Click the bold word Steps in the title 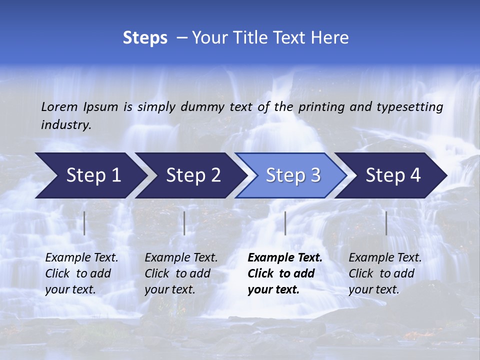[145, 38]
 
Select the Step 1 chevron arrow [90, 175]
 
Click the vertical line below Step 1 [84, 223]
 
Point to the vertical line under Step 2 [184, 223]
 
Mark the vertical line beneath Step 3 [285, 223]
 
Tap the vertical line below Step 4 [386, 223]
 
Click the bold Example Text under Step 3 [285, 258]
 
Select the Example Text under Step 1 [81, 258]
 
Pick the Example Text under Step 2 [181, 258]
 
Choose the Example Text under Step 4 [385, 258]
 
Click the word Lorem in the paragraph [59, 106]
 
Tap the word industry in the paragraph [66, 125]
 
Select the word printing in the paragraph [321, 107]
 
